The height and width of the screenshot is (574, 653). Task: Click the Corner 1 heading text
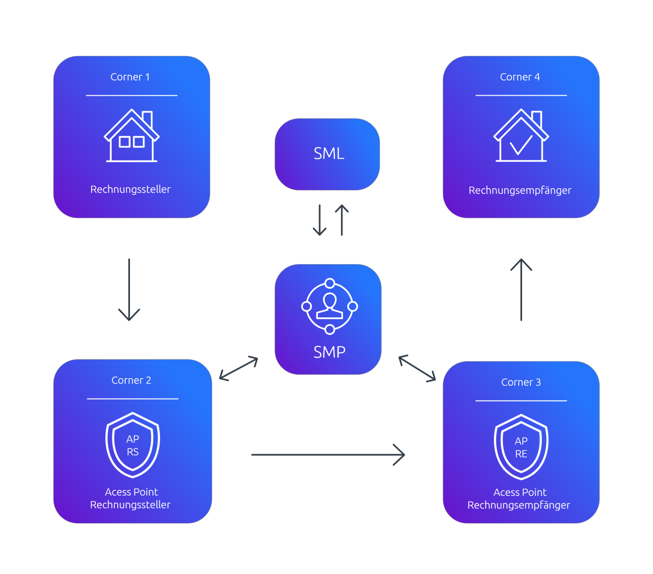pos(130,77)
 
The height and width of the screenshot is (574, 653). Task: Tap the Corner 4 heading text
pos(520,77)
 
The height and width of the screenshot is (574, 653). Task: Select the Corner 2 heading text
pos(131,380)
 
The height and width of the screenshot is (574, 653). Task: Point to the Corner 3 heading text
pos(521,382)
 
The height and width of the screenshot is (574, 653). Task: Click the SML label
pos(329,154)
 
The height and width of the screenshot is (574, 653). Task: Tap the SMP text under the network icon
pos(329,352)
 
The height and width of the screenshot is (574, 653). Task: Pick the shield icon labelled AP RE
pos(521,447)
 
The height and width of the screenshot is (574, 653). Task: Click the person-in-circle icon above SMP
pos(329,306)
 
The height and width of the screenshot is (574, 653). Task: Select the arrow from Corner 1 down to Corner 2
pos(129,289)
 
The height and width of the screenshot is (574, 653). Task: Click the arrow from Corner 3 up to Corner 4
pos(521,289)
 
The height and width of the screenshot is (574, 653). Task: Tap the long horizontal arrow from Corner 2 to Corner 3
pos(328,455)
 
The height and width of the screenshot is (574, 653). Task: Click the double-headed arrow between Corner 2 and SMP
pos(239,368)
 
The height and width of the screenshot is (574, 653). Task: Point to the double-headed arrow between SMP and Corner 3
pos(417,368)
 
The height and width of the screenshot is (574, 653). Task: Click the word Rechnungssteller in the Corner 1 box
pos(130,189)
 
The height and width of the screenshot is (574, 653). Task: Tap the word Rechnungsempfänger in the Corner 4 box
pos(520,190)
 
